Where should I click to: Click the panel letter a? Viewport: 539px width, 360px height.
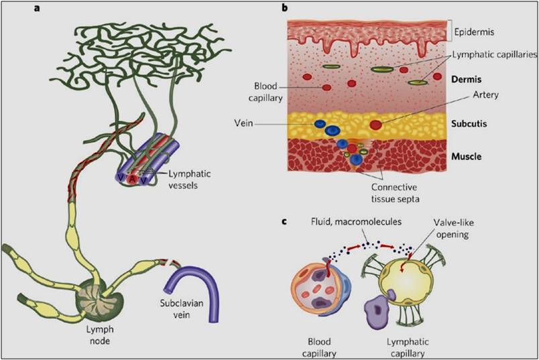coord(37,8)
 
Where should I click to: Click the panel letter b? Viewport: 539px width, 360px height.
coord(285,7)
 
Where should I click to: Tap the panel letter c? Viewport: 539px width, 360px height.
coord(284,221)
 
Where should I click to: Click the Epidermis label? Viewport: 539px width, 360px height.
coord(474,32)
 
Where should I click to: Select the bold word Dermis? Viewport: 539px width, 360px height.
coord(466,79)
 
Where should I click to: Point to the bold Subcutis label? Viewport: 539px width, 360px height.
coord(469,124)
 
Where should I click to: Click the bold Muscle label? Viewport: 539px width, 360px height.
coord(466,157)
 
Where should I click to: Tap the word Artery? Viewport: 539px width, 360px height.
coord(486,95)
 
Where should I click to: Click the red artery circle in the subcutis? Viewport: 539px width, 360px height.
coord(375,125)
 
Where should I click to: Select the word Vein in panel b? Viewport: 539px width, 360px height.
coord(244,123)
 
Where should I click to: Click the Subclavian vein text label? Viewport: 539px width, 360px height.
coord(182,309)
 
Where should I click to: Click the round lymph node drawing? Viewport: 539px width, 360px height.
coord(100,299)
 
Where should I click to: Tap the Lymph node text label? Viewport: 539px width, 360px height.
coord(100,335)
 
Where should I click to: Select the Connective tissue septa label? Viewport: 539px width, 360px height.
coord(395,193)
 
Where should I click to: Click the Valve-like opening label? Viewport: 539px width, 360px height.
coord(453,229)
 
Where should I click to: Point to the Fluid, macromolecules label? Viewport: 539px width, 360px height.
coord(356,221)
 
